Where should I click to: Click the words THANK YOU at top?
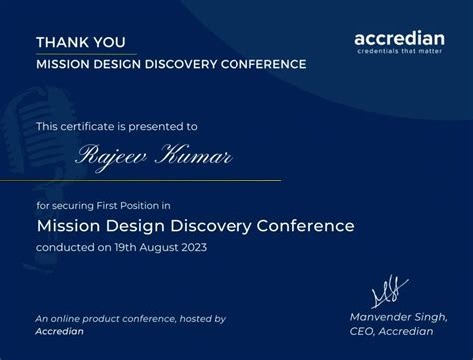click(x=81, y=42)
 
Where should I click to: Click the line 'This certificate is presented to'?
click(x=117, y=126)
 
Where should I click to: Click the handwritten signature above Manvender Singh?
click(x=390, y=290)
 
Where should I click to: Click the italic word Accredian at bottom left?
click(x=60, y=331)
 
